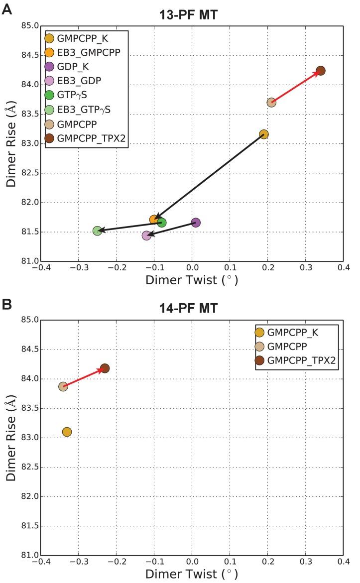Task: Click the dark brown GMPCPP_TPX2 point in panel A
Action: (321, 71)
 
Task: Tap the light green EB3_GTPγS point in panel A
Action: (97, 231)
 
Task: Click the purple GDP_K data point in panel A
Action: (196, 223)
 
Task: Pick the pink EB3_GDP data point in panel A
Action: (146, 235)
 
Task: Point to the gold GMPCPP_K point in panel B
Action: (67, 432)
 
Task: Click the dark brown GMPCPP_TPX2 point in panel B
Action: (105, 368)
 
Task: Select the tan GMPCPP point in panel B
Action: (63, 386)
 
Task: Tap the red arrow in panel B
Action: (84, 377)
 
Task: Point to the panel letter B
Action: (6, 303)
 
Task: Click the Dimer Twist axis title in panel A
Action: (192, 280)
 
